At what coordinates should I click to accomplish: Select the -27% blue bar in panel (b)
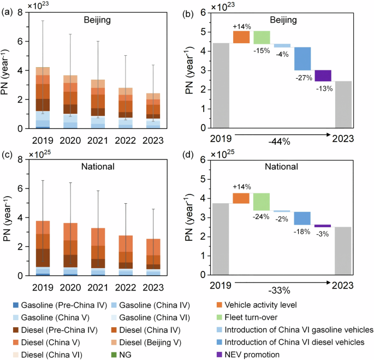coord(302,59)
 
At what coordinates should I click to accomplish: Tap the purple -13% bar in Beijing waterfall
coord(323,75)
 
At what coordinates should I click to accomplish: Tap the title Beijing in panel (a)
coord(98,21)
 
